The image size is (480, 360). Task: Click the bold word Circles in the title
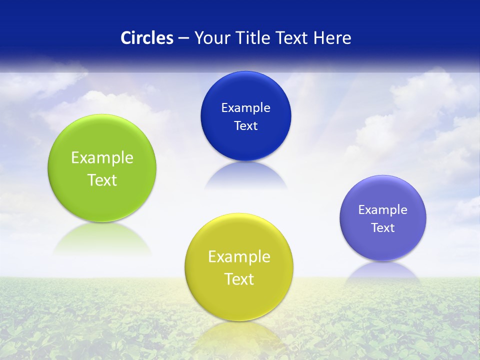146,38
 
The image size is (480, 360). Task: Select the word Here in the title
332,38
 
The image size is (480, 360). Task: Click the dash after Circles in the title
183,38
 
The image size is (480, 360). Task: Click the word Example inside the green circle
102,158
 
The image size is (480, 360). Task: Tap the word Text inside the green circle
102,180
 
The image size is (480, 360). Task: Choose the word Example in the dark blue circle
245,108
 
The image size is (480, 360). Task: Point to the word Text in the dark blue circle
245,126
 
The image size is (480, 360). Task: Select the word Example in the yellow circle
239,257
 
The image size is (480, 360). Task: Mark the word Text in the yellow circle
239,279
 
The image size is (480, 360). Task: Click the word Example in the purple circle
383,210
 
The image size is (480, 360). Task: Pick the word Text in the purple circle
383,228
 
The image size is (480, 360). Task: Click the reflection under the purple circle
383,272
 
